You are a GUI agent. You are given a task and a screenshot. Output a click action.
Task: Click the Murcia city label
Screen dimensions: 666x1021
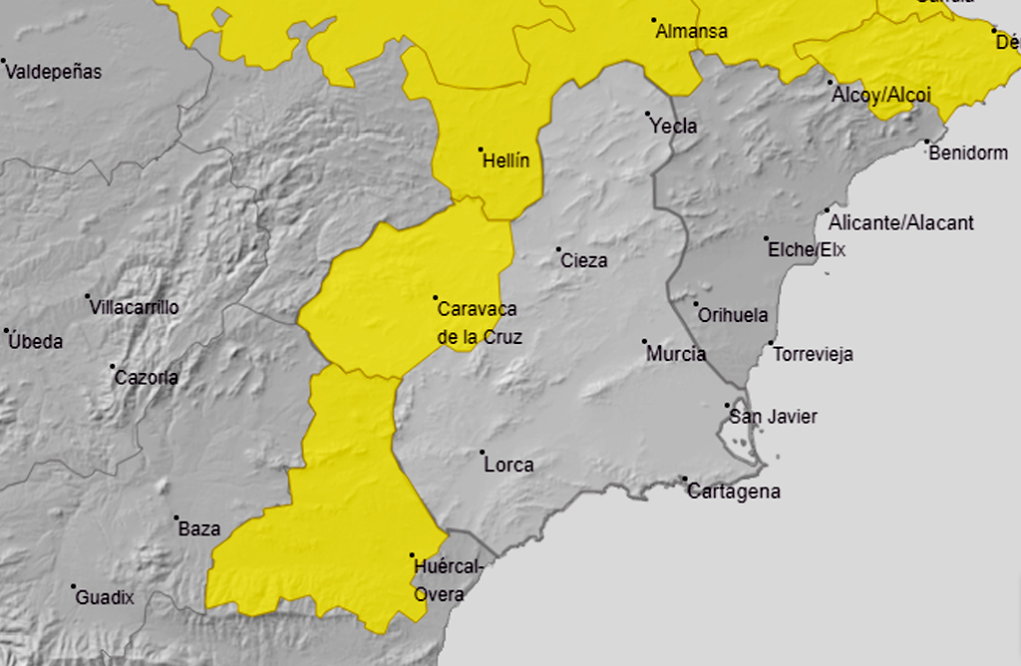pyautogui.click(x=676, y=354)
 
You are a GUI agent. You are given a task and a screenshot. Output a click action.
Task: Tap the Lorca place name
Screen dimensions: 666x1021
pyautogui.click(x=509, y=465)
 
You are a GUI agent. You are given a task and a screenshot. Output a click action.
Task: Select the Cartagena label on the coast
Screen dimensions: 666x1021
pyautogui.click(x=734, y=492)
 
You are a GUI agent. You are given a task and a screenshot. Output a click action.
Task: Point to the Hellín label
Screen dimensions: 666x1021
pyautogui.click(x=506, y=161)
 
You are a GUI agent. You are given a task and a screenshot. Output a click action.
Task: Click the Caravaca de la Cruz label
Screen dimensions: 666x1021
pyautogui.click(x=478, y=323)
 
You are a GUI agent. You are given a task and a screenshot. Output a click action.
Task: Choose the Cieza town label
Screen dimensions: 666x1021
pyautogui.click(x=584, y=261)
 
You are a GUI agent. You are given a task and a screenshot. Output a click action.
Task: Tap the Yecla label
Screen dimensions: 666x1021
pyautogui.click(x=674, y=127)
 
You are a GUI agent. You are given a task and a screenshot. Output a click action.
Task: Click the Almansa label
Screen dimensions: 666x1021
pyautogui.click(x=691, y=32)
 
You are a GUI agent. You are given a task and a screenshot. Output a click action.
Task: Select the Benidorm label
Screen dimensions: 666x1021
pyautogui.click(x=968, y=154)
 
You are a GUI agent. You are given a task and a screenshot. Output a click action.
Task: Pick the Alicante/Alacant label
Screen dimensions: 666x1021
pyautogui.click(x=901, y=223)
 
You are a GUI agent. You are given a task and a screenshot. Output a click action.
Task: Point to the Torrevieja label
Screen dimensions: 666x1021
pyautogui.click(x=813, y=354)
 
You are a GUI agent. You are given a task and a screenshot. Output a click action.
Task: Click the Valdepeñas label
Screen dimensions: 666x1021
pyautogui.click(x=56, y=72)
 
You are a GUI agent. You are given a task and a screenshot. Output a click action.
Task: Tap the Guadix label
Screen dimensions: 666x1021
pyautogui.click(x=105, y=598)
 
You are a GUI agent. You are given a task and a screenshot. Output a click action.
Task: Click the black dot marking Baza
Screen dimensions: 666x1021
pyautogui.click(x=176, y=518)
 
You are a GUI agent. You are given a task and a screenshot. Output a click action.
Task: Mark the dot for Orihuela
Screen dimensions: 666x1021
pyautogui.click(x=696, y=305)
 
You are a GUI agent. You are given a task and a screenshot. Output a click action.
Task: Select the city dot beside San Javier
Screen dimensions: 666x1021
pyautogui.click(x=728, y=405)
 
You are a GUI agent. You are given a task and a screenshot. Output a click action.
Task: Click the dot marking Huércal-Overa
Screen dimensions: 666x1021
pyautogui.click(x=412, y=555)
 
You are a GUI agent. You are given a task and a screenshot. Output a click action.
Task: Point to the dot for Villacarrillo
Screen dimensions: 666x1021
pyautogui.click(x=88, y=297)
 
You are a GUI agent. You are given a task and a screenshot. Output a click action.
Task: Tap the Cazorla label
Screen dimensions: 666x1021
pyautogui.click(x=147, y=378)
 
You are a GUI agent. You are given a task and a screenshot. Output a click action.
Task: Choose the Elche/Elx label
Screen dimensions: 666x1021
pyautogui.click(x=807, y=250)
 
